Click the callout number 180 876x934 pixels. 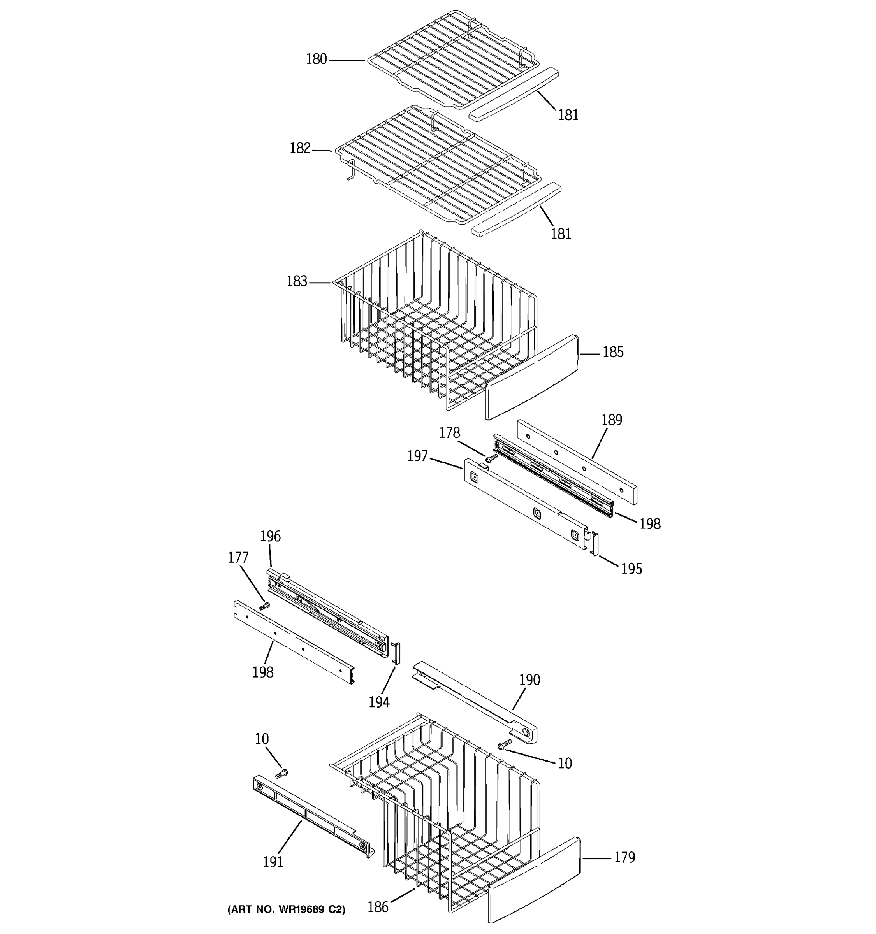[x=316, y=59]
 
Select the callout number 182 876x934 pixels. [x=300, y=148]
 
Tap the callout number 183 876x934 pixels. [x=297, y=281]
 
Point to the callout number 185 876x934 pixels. [x=613, y=352]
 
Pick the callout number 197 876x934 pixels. [x=417, y=456]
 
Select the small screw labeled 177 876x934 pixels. [x=265, y=607]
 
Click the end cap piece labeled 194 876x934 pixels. [x=396, y=653]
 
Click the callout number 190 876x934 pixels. [x=529, y=680]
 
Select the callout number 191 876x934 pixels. [x=273, y=862]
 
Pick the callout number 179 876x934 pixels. [x=624, y=858]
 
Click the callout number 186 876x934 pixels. [x=378, y=907]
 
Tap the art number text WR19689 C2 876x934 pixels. [x=286, y=909]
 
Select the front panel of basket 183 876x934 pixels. [x=531, y=377]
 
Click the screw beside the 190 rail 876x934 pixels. [x=505, y=744]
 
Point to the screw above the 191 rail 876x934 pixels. [x=281, y=773]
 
